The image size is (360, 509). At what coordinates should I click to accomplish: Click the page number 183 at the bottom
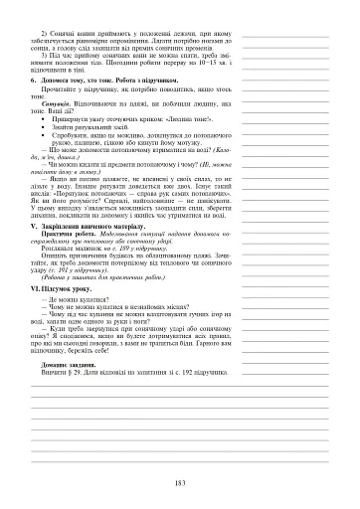click(180, 482)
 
